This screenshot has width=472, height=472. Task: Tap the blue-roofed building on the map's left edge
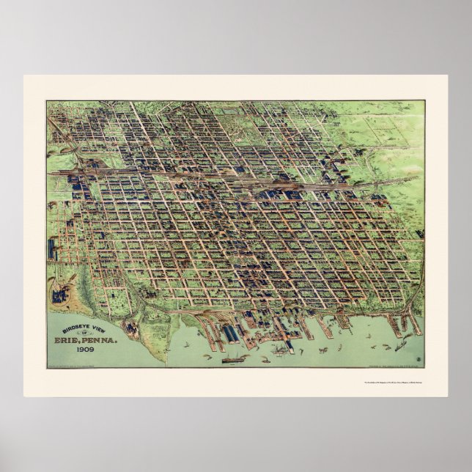(53, 249)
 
